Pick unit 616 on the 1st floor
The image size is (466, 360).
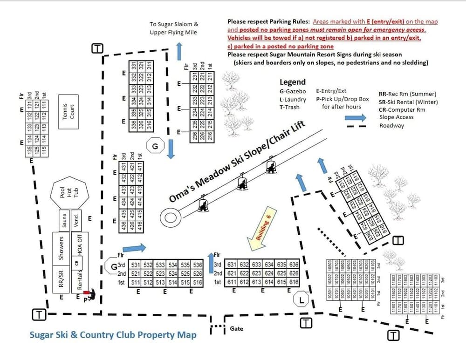[294, 282]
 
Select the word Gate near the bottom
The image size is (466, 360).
[237, 328]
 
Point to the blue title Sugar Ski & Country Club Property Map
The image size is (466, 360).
[113, 335]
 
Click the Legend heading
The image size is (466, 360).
[293, 82]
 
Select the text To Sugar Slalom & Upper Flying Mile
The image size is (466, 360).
[174, 28]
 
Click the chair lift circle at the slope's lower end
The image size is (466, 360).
[169, 217]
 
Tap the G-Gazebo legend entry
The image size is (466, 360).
[293, 91]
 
